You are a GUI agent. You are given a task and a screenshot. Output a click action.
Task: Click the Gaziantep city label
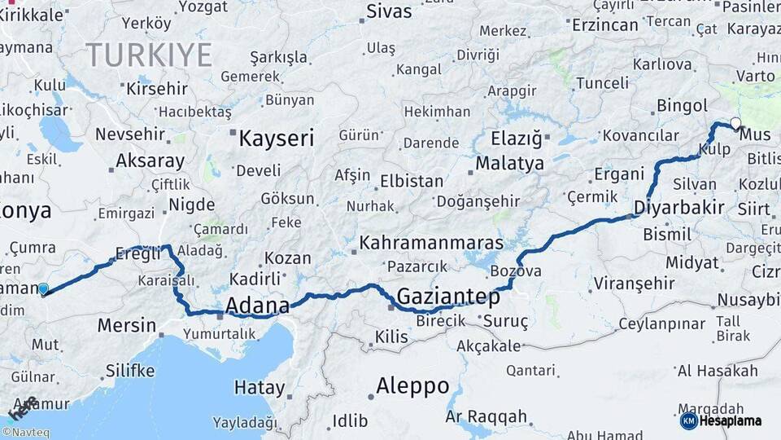[x=447, y=296]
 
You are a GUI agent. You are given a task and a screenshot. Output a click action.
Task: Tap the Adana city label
[x=257, y=306]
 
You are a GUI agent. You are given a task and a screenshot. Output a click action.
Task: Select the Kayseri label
[x=276, y=139]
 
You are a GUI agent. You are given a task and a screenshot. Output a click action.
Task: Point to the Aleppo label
[x=412, y=385]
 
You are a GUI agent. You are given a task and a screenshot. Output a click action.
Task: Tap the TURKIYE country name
[x=149, y=55]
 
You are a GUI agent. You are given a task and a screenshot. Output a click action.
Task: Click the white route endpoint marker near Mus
[x=735, y=124]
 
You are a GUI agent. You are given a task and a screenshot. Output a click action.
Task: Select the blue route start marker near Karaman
[x=43, y=288]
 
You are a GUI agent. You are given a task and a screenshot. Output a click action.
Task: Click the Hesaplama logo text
[x=731, y=420]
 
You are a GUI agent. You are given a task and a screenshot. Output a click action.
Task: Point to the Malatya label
[x=509, y=163]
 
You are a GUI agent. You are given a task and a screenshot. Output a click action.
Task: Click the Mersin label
[x=126, y=326]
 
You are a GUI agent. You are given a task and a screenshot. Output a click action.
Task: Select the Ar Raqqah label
[x=486, y=417]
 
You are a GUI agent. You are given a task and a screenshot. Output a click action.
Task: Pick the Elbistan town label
[x=413, y=182]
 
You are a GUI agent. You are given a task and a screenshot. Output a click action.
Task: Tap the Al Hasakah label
[x=718, y=372]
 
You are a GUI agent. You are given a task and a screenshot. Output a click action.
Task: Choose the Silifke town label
[x=129, y=371]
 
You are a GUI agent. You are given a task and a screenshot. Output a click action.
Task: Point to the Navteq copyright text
[x=24, y=433]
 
